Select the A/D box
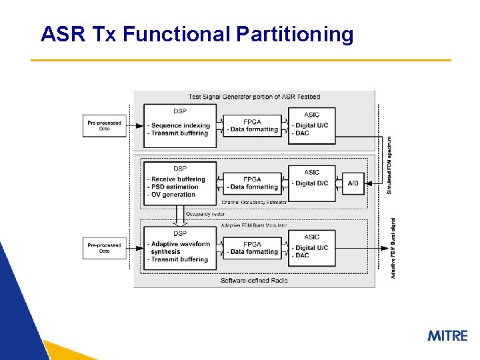tap(353, 183)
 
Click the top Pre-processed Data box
tap(104, 125)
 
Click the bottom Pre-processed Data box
tap(104, 248)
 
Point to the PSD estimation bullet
tap(175, 186)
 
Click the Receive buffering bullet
tap(177, 179)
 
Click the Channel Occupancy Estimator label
tap(254, 201)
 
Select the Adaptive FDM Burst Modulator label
tap(253, 225)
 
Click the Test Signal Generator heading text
tap(254, 97)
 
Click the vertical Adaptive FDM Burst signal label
tap(393, 248)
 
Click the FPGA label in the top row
tap(252, 122)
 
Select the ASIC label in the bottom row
tap(311, 237)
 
